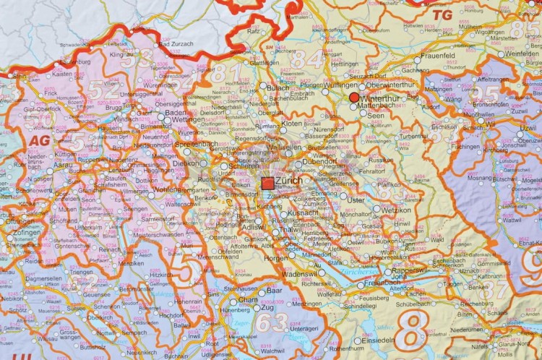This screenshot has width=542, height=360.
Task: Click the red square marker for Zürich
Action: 267,184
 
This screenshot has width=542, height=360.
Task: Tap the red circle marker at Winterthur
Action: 353,97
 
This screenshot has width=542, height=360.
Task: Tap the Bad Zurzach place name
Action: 173,44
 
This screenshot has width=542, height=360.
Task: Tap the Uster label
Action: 357,200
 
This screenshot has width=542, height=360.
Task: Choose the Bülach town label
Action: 278,87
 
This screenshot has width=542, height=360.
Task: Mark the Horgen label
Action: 277,257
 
